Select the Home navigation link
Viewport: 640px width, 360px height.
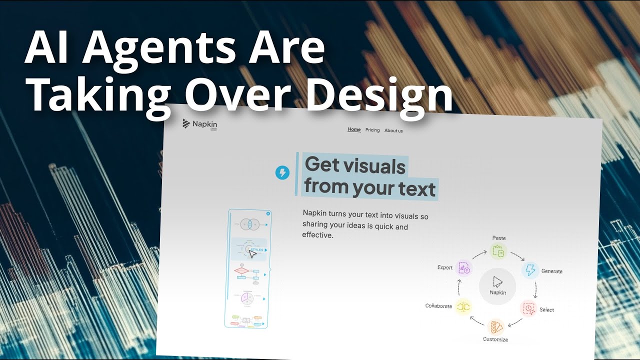click(x=354, y=129)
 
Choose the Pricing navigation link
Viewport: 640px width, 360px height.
click(x=372, y=130)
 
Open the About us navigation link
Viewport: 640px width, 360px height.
click(x=393, y=130)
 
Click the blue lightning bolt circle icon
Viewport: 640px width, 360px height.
click(x=282, y=173)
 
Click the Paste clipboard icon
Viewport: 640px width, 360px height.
click(x=498, y=251)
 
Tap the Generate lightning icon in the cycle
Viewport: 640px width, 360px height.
click(x=530, y=270)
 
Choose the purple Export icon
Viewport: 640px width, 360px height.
click(x=464, y=267)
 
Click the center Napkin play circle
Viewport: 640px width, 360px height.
click(x=497, y=285)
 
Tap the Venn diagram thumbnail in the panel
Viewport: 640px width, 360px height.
click(x=248, y=225)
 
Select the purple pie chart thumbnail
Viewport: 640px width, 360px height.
click(x=246, y=297)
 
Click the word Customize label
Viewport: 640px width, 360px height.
click(x=495, y=339)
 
